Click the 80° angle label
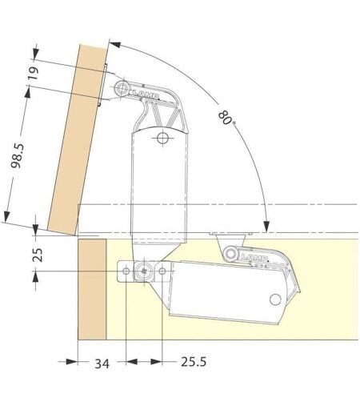tap(226, 118)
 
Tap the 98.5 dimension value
tap(18, 155)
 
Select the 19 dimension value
tap(34, 74)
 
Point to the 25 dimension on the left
tap(38, 255)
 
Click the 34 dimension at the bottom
tap(102, 364)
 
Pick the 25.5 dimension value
tap(194, 362)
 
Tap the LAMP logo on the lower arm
tap(254, 258)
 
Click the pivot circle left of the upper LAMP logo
tap(122, 87)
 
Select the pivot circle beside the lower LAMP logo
tap(230, 253)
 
